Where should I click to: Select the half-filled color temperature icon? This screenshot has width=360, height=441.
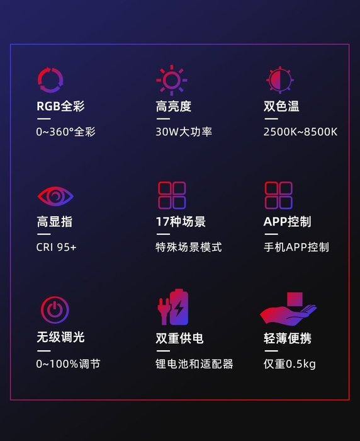pyautogui.click(x=280, y=80)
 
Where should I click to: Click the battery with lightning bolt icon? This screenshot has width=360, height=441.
pyautogui.click(x=181, y=307)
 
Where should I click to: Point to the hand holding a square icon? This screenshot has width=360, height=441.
pyautogui.click(x=289, y=313)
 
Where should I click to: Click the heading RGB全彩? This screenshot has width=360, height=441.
pyautogui.click(x=60, y=106)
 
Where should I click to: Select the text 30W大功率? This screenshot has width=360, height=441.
pyautogui.click(x=184, y=132)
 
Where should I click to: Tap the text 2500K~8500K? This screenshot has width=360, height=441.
pyautogui.click(x=300, y=132)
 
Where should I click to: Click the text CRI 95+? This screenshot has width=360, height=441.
pyautogui.click(x=56, y=247)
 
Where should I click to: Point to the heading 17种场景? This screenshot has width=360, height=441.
pyautogui.click(x=181, y=222)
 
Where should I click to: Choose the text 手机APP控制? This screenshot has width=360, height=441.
pyautogui.click(x=296, y=247)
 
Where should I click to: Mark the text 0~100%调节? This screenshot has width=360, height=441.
pyautogui.click(x=68, y=364)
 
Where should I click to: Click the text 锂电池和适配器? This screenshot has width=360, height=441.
pyautogui.click(x=194, y=364)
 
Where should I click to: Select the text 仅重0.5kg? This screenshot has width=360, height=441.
pyautogui.click(x=290, y=364)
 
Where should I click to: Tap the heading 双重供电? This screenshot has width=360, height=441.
pyautogui.click(x=179, y=338)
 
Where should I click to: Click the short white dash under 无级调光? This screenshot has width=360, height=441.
pyautogui.click(x=43, y=351)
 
